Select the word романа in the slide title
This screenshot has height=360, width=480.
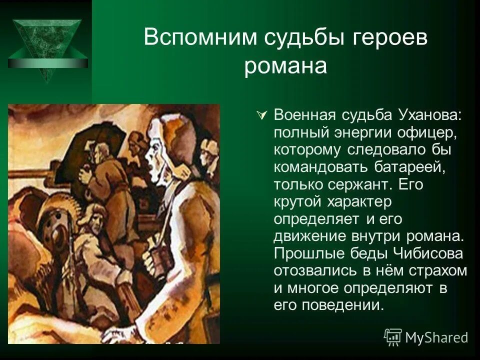285,66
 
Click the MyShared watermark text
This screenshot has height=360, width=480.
436,337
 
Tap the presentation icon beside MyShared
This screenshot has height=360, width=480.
393,337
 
